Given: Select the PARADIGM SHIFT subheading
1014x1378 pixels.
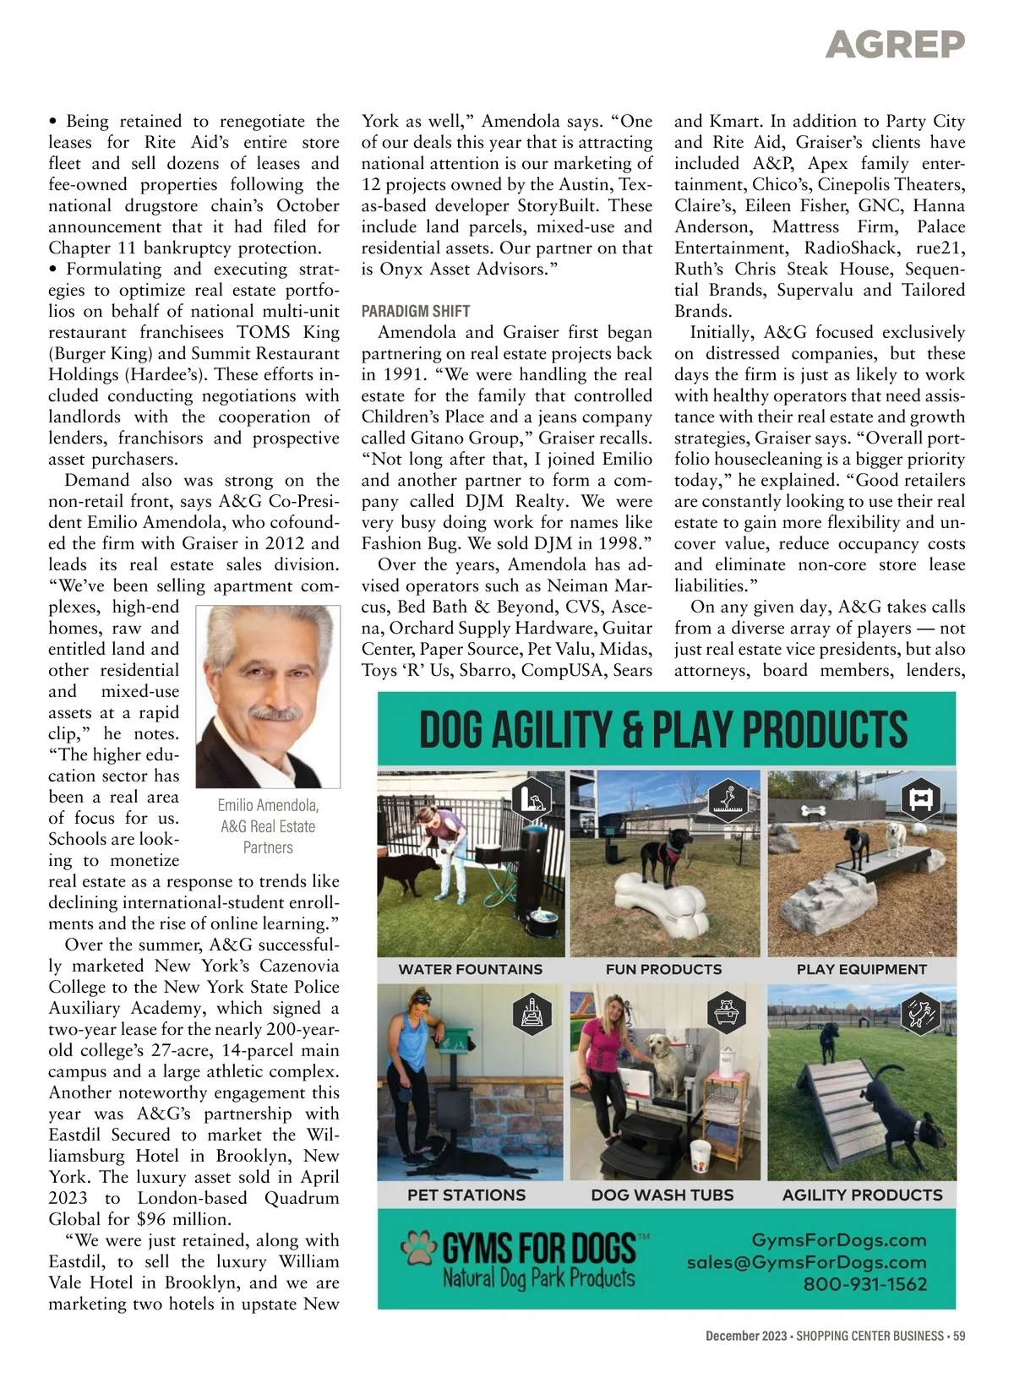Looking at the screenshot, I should (x=416, y=311).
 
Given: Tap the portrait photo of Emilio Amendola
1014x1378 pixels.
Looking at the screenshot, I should (x=268, y=694).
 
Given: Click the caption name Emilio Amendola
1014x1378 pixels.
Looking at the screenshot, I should (x=268, y=805).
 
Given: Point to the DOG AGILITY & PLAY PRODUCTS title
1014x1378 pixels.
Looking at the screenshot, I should (x=663, y=730).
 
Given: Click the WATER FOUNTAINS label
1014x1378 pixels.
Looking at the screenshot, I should (x=471, y=969).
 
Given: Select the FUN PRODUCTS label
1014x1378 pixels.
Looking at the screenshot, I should (x=663, y=969).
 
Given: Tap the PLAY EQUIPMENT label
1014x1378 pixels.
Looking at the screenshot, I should (x=861, y=969).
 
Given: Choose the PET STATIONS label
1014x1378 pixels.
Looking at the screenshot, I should (x=466, y=1195).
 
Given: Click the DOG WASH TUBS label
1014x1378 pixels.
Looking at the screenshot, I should (x=662, y=1195).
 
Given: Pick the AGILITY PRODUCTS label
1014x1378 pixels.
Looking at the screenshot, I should (x=862, y=1195).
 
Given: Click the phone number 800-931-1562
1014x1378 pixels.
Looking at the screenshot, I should (x=864, y=1284).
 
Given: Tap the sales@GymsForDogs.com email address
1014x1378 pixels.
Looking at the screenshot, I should (x=806, y=1262).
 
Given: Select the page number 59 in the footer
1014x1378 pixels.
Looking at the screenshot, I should (x=958, y=1336).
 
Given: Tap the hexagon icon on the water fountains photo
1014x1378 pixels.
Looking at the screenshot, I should (x=532, y=798).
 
